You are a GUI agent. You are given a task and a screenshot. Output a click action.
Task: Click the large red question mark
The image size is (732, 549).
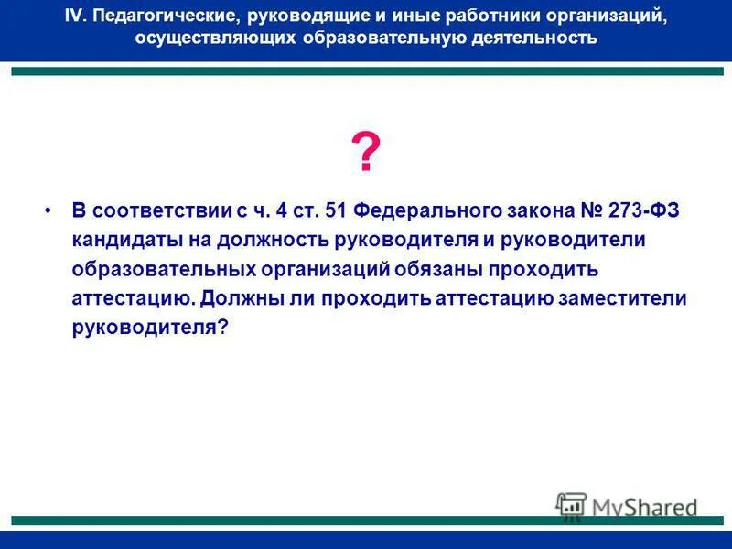[365, 153]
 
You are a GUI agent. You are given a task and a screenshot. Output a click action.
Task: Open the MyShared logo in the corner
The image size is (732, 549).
[627, 506]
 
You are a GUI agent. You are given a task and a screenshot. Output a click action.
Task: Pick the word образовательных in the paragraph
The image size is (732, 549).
[162, 269]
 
